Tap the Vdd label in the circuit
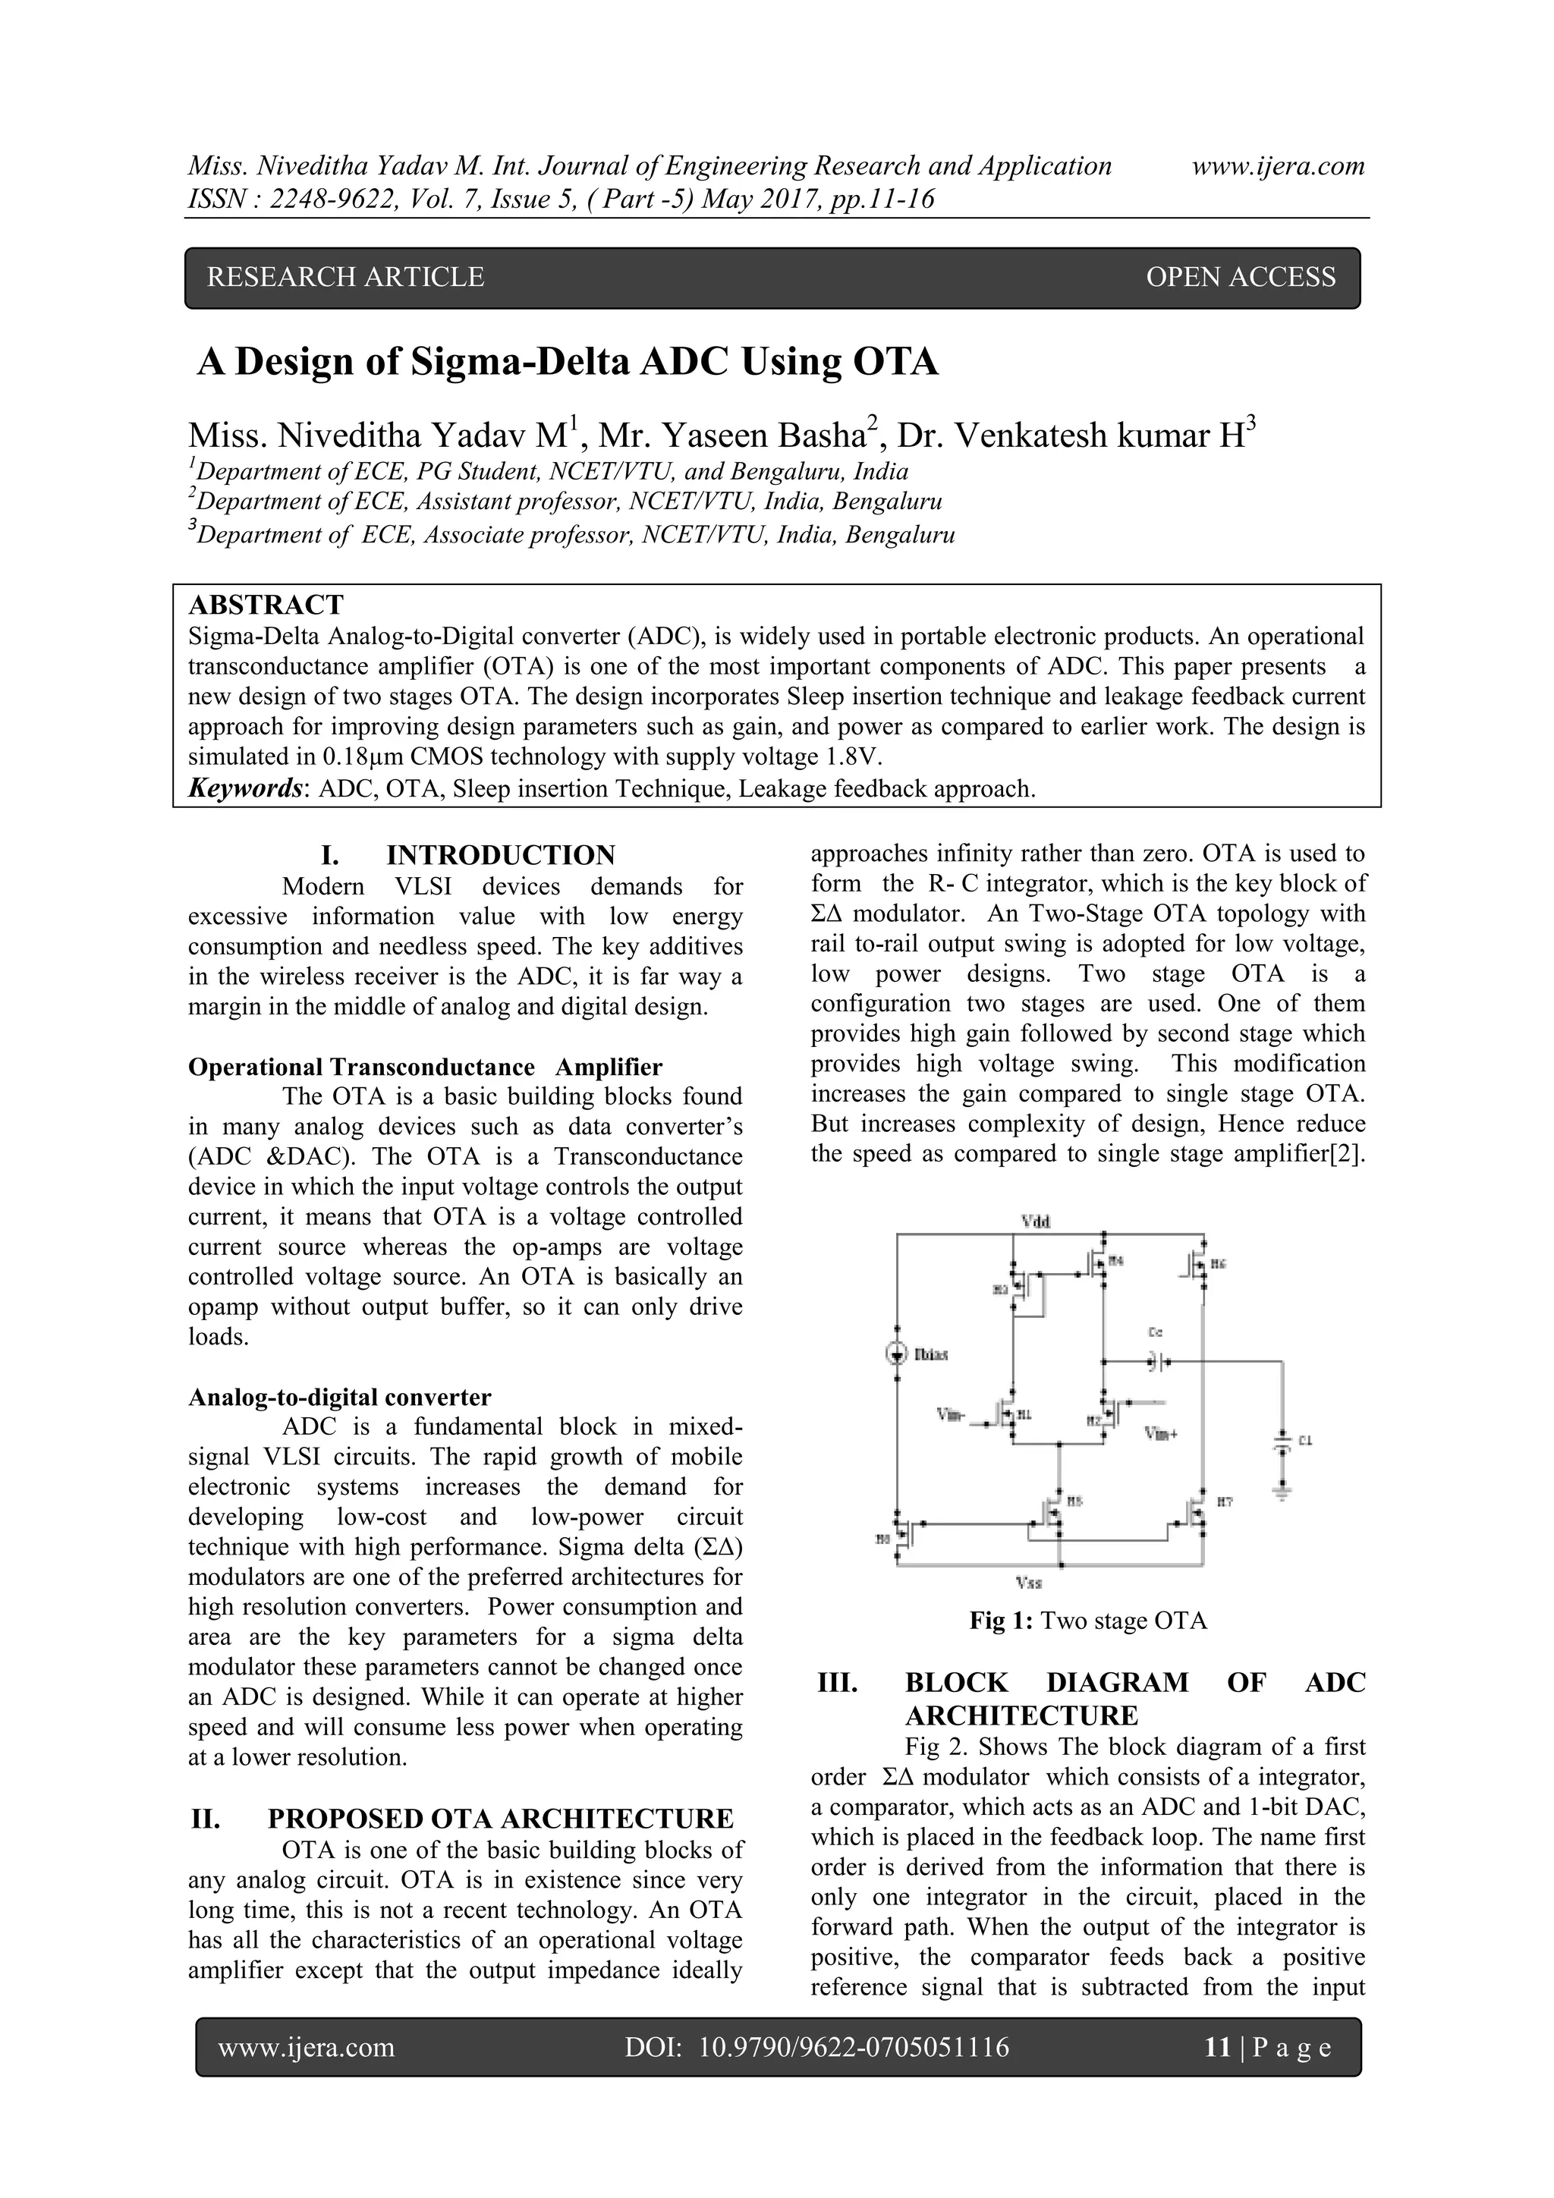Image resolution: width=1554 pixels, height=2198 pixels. click(1036, 1222)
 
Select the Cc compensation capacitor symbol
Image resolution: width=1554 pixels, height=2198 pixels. click(1155, 1360)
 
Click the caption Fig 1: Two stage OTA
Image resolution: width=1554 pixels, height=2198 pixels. click(1087, 1621)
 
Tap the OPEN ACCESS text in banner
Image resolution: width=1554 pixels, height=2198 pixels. click(1240, 278)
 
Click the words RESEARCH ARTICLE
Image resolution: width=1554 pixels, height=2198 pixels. click(346, 278)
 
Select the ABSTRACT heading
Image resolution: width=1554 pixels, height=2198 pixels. click(266, 605)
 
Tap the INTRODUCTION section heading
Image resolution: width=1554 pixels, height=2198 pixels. click(500, 855)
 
